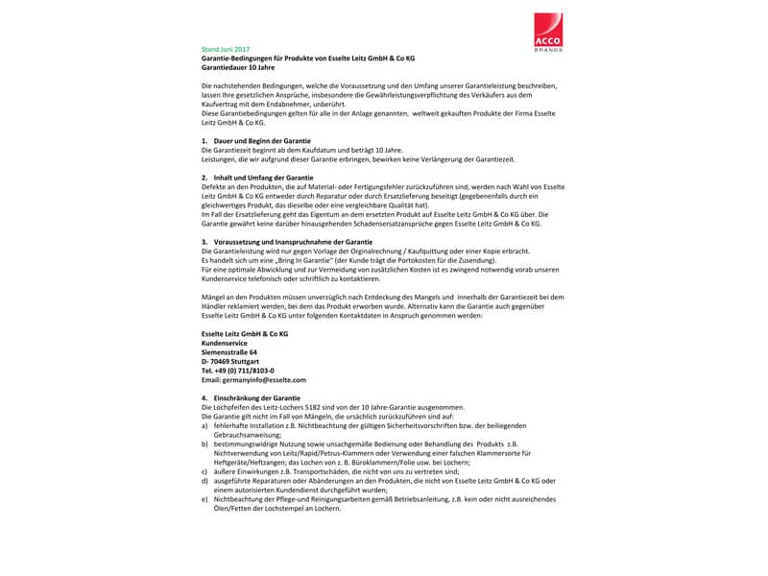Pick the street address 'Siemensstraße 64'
click(229, 351)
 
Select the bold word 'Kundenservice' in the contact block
click(225, 342)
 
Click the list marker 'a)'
click(204, 424)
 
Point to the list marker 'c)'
click(204, 471)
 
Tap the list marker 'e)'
click(204, 499)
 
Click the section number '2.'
click(204, 178)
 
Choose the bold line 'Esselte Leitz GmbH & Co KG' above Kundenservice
click(244, 332)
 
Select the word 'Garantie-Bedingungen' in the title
click(237, 59)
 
